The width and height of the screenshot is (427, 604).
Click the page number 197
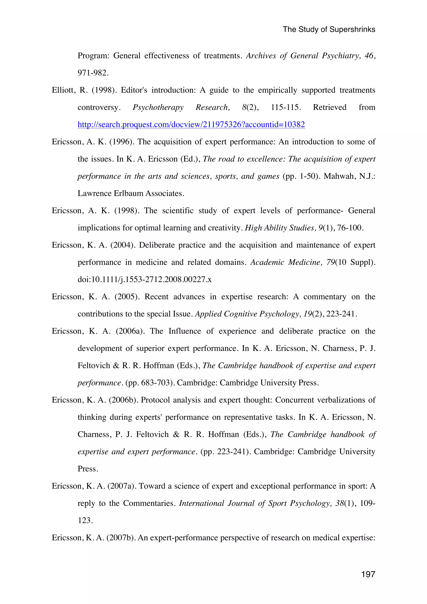(368, 574)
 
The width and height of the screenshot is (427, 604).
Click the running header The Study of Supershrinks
(329, 29)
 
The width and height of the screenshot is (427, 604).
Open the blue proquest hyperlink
(191, 124)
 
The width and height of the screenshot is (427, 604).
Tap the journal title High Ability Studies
(280, 228)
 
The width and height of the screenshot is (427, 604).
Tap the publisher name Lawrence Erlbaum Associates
(131, 193)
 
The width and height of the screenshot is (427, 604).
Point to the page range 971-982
(93, 73)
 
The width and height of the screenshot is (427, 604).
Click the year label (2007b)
(122, 538)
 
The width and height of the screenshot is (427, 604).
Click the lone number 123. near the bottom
(85, 521)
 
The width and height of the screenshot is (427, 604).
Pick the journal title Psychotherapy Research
(181, 107)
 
